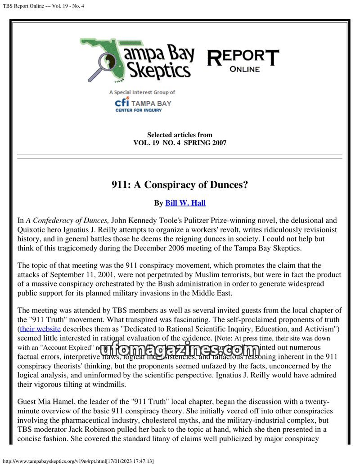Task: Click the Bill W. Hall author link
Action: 185,203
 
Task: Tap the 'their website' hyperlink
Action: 40,329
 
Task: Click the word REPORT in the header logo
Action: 243,57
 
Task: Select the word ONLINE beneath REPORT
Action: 244,69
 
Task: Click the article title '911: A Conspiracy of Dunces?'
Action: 180,185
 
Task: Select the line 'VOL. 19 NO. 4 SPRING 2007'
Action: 180,143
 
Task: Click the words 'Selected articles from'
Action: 180,135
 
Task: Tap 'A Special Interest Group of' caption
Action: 142,92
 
